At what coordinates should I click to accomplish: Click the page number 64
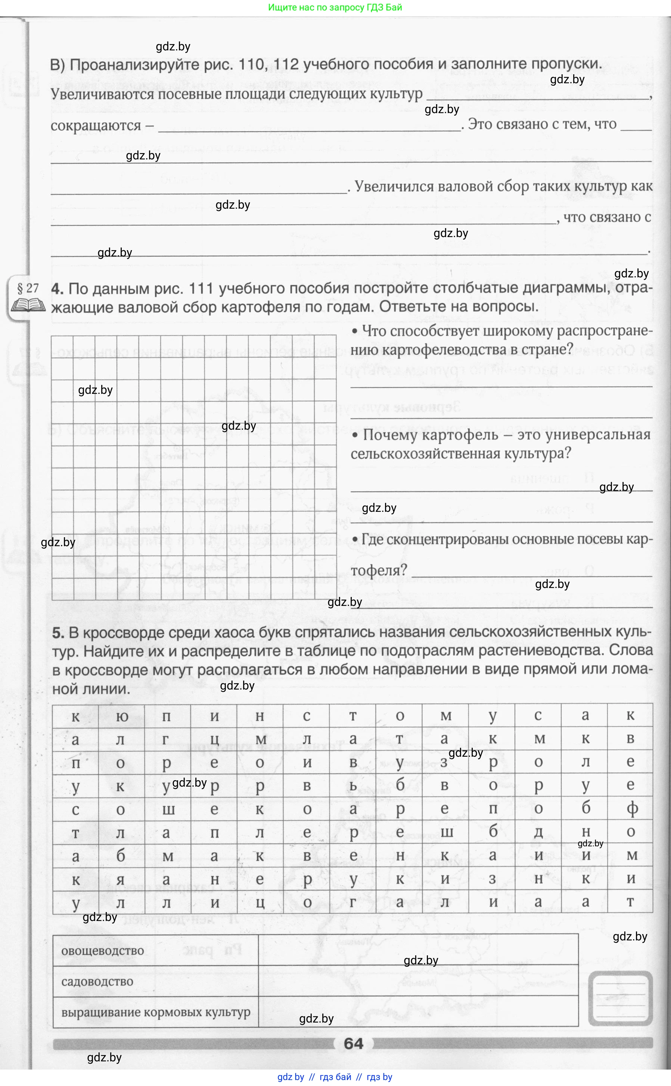pyautogui.click(x=353, y=1043)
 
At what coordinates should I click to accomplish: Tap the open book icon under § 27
pyautogui.click(x=28, y=305)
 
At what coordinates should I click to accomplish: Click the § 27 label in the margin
pyautogui.click(x=28, y=288)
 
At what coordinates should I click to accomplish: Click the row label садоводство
pyautogui.click(x=97, y=981)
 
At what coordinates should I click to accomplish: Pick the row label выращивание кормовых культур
pyautogui.click(x=155, y=1012)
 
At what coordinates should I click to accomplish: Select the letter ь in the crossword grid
pyautogui.click(x=353, y=786)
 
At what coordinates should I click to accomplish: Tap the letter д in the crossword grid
pyautogui.click(x=538, y=832)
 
